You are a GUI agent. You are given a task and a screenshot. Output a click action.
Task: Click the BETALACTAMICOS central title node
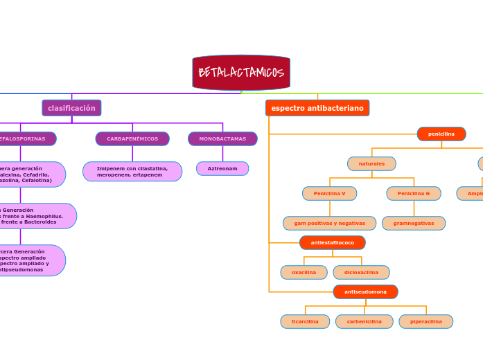point(241,73)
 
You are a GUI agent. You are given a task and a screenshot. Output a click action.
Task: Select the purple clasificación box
point(71,108)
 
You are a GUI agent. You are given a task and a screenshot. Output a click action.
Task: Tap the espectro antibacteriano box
point(317,108)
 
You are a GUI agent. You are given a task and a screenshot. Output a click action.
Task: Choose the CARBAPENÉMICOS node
point(132,138)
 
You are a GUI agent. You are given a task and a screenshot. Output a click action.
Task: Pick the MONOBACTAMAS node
point(222,138)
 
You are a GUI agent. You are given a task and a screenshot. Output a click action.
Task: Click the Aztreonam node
point(222,168)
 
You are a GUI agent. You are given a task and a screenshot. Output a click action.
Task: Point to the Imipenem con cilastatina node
point(132,172)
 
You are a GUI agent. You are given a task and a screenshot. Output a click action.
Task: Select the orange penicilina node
point(441,134)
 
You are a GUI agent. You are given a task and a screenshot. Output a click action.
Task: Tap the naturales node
point(371,163)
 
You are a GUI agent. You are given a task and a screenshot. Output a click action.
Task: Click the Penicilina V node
point(329,193)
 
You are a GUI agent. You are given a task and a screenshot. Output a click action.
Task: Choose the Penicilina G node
point(414,193)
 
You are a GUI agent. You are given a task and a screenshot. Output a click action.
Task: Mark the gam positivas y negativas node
point(329,223)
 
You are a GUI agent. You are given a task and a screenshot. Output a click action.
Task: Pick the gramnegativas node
point(414,223)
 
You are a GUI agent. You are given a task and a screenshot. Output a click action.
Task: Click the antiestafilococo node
point(333,242)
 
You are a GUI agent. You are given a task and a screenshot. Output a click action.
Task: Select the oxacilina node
point(304,272)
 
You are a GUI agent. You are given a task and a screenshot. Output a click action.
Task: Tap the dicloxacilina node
point(361,272)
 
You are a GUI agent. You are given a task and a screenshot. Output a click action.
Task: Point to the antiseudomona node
point(365,291)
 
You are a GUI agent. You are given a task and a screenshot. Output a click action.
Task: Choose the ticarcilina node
point(305,321)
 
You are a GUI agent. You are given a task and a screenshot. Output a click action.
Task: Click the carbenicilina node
point(365,321)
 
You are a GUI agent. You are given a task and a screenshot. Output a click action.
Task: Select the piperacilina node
point(426,321)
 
